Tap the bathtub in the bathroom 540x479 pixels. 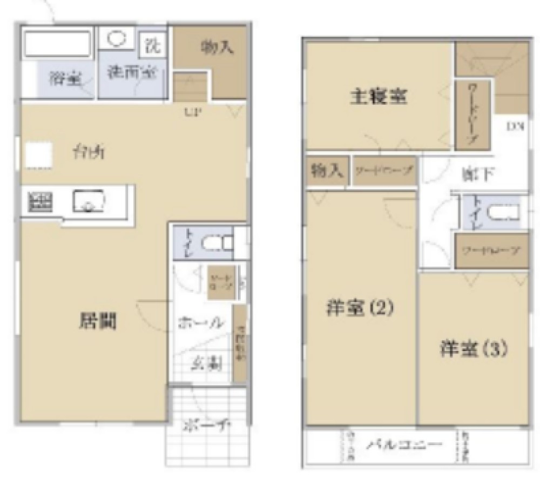click(58, 44)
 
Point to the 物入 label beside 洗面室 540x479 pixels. click(217, 48)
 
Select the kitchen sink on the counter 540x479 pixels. click(89, 201)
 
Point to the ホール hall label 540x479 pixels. click(200, 323)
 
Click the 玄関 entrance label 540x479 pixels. click(207, 363)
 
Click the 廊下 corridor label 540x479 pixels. click(476, 174)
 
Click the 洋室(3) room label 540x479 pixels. click(473, 349)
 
